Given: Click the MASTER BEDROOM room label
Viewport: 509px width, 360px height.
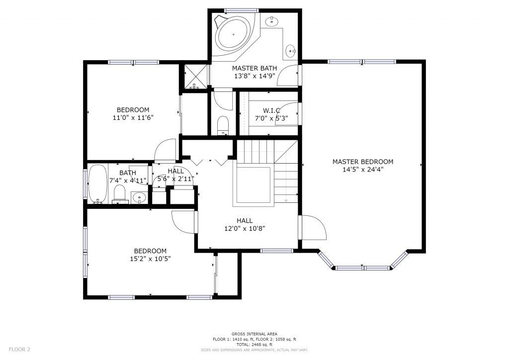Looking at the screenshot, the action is (362, 162).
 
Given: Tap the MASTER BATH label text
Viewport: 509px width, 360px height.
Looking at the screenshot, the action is (254, 68).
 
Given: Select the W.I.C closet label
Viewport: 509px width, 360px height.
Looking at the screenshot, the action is (271, 110).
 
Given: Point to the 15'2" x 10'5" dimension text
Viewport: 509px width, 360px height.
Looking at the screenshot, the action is (150, 259).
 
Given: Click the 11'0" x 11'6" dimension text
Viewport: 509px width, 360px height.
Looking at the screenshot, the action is (133, 117).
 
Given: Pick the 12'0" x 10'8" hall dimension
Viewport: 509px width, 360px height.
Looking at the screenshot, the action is (245, 228).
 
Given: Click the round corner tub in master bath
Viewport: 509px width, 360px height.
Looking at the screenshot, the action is (233, 34).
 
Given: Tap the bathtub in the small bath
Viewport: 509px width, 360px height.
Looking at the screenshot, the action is (98, 184).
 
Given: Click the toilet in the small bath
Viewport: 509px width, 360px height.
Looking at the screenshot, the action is (119, 194).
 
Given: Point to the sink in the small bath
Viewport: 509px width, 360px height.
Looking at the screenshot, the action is (140, 197).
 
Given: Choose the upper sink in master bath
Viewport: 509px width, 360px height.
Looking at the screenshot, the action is (271, 22).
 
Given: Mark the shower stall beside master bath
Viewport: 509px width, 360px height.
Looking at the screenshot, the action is (196, 76).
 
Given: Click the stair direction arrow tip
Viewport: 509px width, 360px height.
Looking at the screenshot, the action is (286, 201).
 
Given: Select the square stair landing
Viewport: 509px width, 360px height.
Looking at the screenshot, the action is (254, 185).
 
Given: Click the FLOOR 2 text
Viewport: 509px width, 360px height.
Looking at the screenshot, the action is (19, 350).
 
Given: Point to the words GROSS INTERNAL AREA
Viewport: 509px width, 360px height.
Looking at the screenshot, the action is (254, 334).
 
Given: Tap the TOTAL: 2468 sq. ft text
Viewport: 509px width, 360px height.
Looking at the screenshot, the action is (254, 345).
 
